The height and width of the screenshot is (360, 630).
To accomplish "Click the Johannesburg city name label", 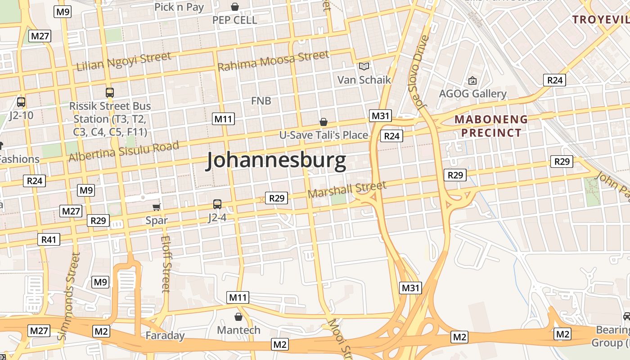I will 276,161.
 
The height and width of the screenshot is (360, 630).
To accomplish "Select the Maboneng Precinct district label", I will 491,126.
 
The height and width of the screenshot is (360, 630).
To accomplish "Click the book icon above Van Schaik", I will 364,67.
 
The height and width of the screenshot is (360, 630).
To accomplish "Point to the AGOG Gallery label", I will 472,94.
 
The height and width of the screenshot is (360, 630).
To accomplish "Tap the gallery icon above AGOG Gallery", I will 472,81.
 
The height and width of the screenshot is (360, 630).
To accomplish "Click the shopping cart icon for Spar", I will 156,207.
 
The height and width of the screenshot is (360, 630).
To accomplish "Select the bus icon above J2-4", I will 217,204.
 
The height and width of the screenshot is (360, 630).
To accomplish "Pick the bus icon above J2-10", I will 21,102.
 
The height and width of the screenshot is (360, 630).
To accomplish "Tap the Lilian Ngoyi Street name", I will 124,62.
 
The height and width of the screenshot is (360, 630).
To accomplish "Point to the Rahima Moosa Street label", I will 273,61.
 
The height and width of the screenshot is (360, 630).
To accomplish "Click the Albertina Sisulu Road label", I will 124,151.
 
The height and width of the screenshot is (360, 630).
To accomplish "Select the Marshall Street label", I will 347,189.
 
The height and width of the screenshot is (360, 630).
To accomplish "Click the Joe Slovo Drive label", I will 421,72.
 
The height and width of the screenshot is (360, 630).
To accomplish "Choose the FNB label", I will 261,101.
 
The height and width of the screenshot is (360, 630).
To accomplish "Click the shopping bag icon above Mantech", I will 238,317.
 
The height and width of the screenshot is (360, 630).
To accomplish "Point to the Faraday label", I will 165,335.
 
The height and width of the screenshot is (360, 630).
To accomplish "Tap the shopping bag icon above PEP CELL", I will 234,7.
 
